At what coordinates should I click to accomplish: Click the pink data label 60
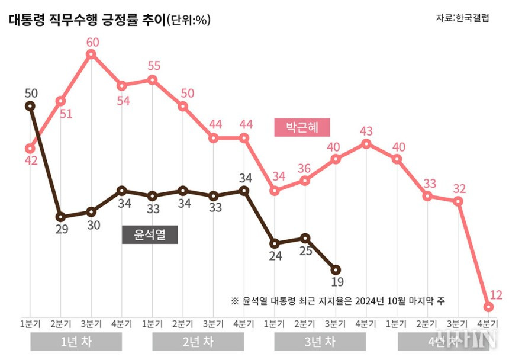pos(91,43)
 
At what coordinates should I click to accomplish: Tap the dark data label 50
pos(31,93)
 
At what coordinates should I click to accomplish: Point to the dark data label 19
pos(337,282)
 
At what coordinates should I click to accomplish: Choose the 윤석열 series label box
pos(150,234)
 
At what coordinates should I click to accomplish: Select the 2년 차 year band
pos(198,342)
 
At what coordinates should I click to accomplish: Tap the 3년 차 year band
pos(320,342)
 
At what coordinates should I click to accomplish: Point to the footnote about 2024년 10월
pos(337,301)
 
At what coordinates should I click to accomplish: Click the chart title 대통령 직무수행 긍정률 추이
pos(86,20)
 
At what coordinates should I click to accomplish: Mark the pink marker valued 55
pos(153,80)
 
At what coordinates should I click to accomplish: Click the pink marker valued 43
pos(366,143)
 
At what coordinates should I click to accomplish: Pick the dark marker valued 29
pos(60,216)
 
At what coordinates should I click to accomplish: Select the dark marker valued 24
pos(275,243)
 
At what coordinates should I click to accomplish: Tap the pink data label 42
pos(31,160)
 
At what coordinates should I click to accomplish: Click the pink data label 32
pos(459,189)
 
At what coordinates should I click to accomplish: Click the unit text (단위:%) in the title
pos(189,20)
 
